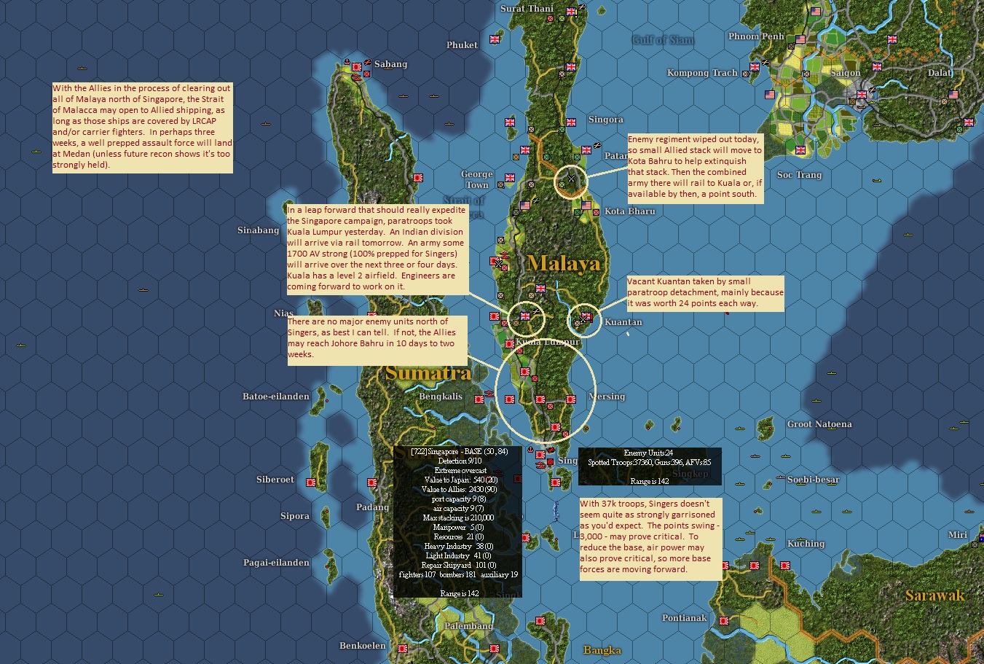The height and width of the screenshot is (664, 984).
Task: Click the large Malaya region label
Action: (564, 263)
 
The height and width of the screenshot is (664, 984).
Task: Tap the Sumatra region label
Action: (428, 373)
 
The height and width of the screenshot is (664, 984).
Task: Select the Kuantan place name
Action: (623, 322)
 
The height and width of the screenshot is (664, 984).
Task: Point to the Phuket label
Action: (463, 45)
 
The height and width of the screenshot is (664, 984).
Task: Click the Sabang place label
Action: (391, 64)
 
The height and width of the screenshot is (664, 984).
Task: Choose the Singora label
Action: (605, 120)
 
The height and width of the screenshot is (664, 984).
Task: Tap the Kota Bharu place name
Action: (629, 211)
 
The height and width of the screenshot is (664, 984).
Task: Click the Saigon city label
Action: (846, 73)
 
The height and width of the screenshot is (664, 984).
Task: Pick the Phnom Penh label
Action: (756, 36)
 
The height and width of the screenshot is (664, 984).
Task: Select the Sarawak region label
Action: (934, 595)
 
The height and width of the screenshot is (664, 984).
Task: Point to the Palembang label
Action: (468, 626)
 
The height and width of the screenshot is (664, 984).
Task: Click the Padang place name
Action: (372, 507)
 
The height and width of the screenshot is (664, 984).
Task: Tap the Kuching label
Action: (806, 544)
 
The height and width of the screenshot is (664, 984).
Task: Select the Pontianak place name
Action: (684, 618)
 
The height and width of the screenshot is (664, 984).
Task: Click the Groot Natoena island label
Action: (819, 424)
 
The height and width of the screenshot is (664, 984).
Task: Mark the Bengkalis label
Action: (441, 397)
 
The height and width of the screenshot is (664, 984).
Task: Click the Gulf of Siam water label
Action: (663, 39)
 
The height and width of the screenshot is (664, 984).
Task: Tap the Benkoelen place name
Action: (362, 646)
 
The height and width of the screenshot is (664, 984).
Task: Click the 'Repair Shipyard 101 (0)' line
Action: (457, 565)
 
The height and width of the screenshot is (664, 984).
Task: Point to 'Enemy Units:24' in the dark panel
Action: (648, 453)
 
